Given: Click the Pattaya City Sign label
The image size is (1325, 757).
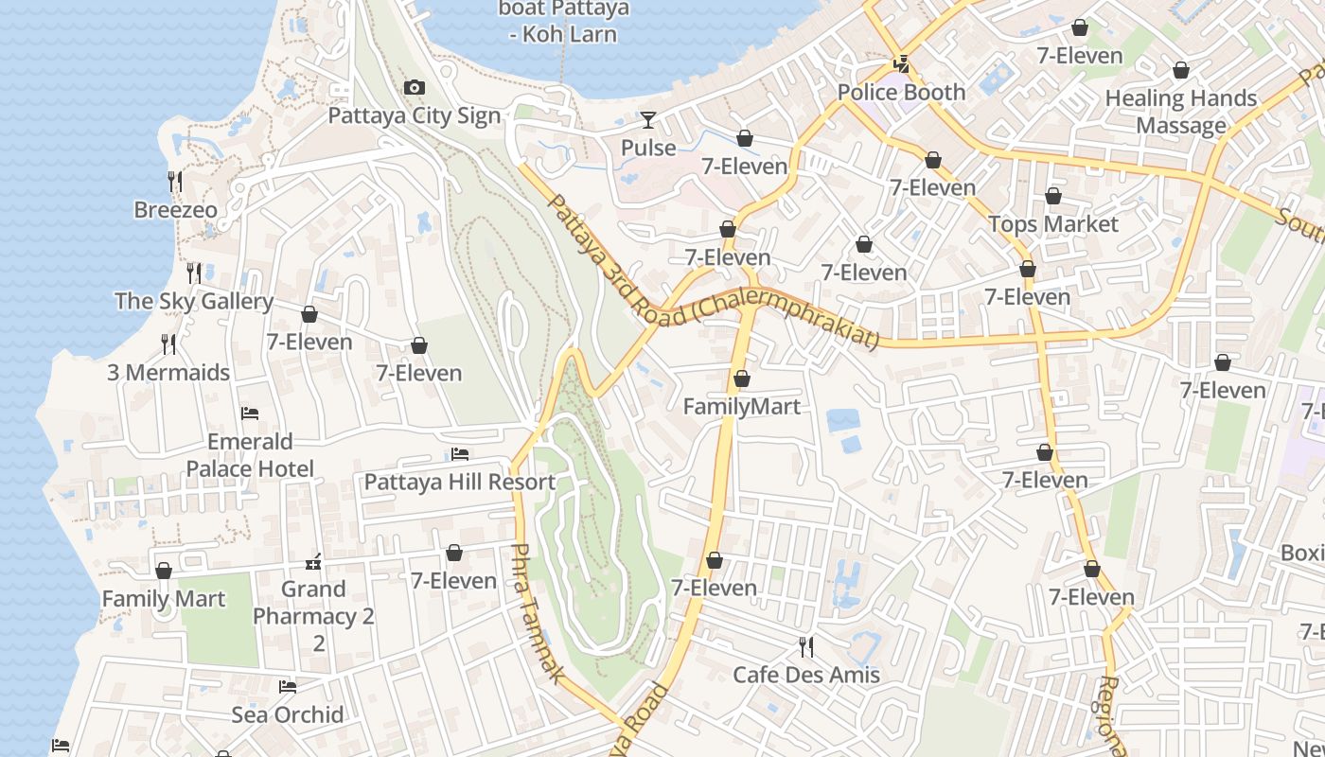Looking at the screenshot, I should click(x=414, y=115).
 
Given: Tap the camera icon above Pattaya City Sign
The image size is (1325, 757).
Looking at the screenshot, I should click(x=414, y=88).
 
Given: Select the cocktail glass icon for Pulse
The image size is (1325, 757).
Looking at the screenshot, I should click(x=648, y=120).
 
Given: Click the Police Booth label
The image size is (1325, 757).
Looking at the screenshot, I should click(x=901, y=92).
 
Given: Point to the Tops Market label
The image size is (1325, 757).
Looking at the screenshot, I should click(x=1053, y=224).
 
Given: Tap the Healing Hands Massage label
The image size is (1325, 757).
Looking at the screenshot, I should click(x=1180, y=112).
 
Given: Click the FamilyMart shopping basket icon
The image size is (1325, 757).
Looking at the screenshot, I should click(x=742, y=379).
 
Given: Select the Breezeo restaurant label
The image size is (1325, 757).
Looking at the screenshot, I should click(x=175, y=209).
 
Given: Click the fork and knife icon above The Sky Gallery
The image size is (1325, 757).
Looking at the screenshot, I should click(x=194, y=273).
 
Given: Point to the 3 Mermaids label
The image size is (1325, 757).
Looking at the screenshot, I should click(x=168, y=372).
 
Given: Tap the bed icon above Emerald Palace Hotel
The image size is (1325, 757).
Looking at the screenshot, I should click(x=250, y=414).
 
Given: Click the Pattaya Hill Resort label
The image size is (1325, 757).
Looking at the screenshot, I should click(x=460, y=482).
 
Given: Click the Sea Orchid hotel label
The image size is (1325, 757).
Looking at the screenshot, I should click(x=288, y=714).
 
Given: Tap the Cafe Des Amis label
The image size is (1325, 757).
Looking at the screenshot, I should click(x=806, y=675).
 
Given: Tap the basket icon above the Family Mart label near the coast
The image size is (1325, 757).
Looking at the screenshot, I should click(x=164, y=572).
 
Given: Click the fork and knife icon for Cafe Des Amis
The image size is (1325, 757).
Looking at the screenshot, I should click(x=806, y=647).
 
